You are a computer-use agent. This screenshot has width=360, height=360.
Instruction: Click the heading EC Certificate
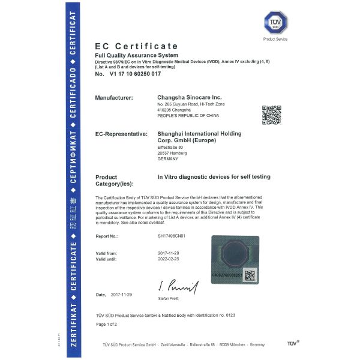136,46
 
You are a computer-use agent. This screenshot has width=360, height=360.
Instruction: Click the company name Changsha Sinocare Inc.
189,97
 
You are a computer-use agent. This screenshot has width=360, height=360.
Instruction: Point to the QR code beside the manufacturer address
271,115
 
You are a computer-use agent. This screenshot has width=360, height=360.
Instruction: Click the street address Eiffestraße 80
170,147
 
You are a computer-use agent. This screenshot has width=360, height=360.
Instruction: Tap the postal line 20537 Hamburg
172,153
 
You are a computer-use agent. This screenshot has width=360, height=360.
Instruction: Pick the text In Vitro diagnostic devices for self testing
214,176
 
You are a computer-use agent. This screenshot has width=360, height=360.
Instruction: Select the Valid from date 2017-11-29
169,253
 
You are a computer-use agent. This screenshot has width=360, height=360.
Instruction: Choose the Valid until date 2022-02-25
169,259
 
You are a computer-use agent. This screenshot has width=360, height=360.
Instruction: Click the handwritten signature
178,287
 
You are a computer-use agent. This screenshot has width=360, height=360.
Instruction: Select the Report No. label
108,236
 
